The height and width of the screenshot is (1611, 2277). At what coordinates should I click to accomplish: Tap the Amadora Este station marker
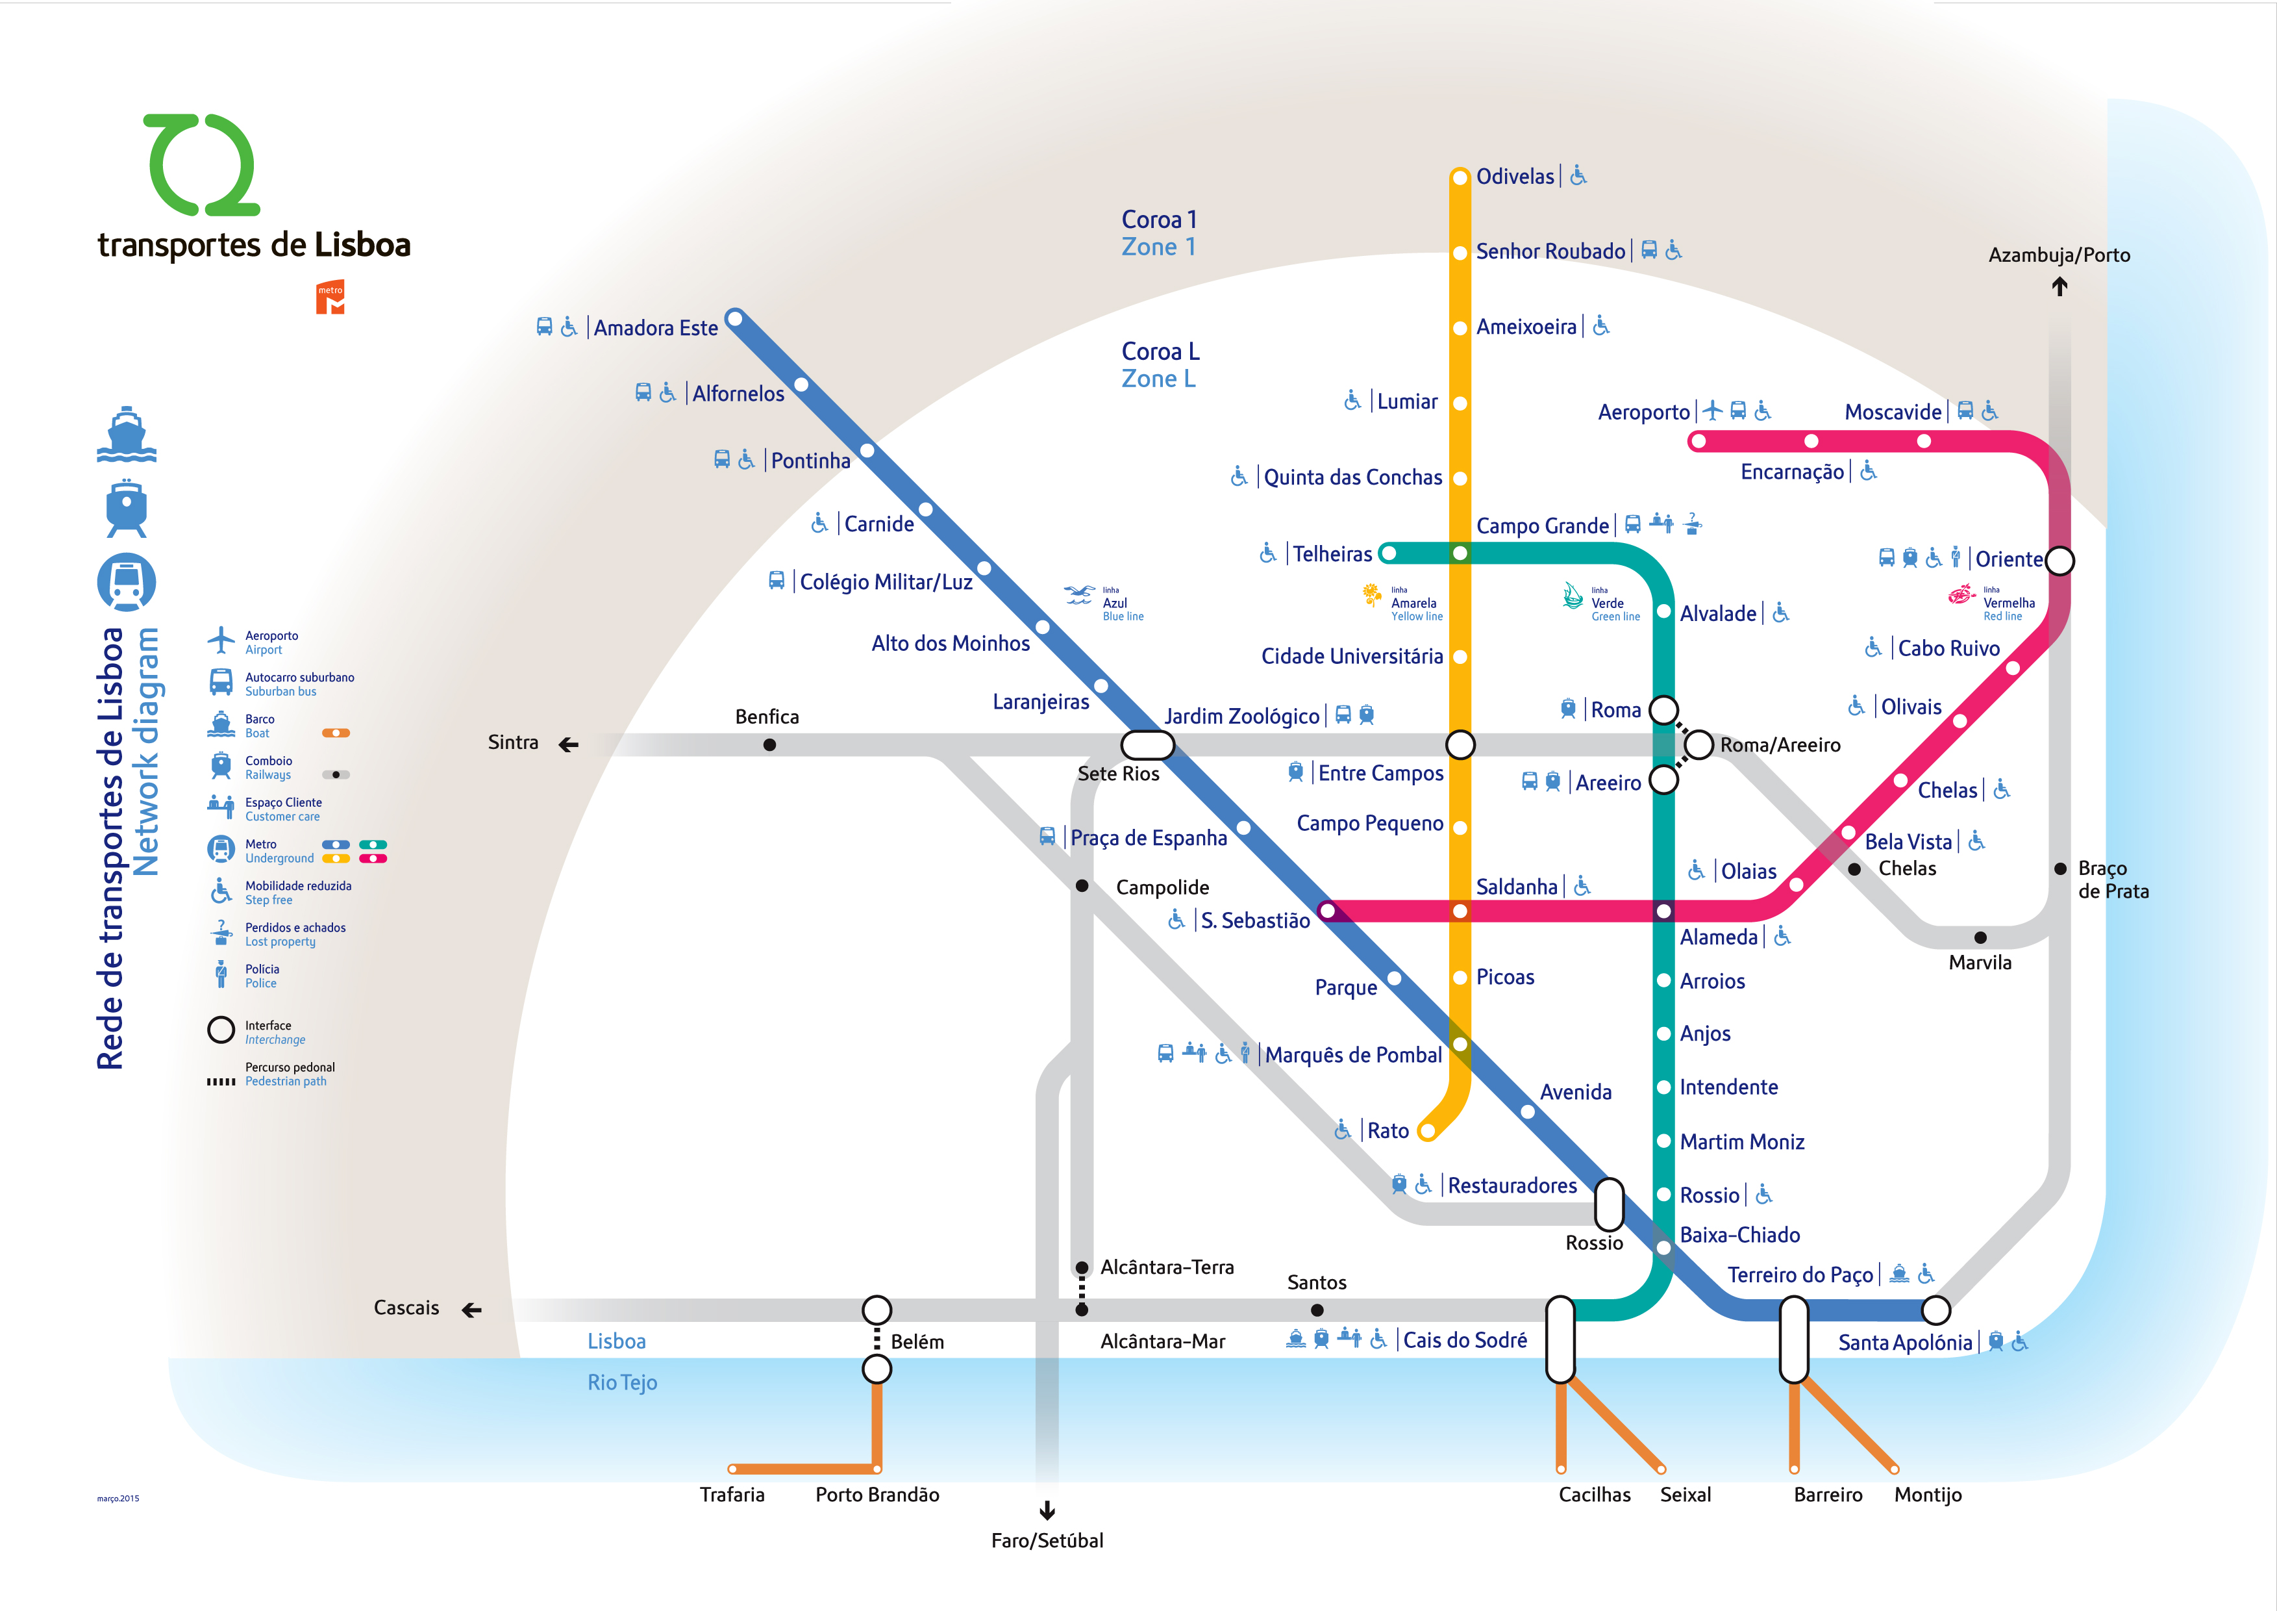click(735, 318)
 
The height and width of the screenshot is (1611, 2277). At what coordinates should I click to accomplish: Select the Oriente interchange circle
click(2059, 561)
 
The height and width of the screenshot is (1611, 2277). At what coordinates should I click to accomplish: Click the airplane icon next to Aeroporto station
click(1713, 410)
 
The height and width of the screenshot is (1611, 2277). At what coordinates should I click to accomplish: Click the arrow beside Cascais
click(472, 1310)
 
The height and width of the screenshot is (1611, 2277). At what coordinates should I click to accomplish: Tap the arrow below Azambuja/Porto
click(2059, 286)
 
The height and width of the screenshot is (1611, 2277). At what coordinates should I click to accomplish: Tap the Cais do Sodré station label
click(1465, 1340)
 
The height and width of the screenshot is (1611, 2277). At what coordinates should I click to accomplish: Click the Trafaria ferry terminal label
click(732, 1495)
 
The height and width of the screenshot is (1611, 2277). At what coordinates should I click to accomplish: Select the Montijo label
click(1927, 1495)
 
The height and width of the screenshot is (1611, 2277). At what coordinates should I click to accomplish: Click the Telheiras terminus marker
click(1388, 553)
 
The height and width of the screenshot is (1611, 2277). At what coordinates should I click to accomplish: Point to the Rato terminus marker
click(1427, 1131)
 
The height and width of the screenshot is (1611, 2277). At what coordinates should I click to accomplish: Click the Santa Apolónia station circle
click(1936, 1310)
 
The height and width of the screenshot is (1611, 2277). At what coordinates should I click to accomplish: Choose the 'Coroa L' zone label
click(1160, 351)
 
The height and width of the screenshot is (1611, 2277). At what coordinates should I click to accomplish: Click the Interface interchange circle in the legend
click(220, 1031)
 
